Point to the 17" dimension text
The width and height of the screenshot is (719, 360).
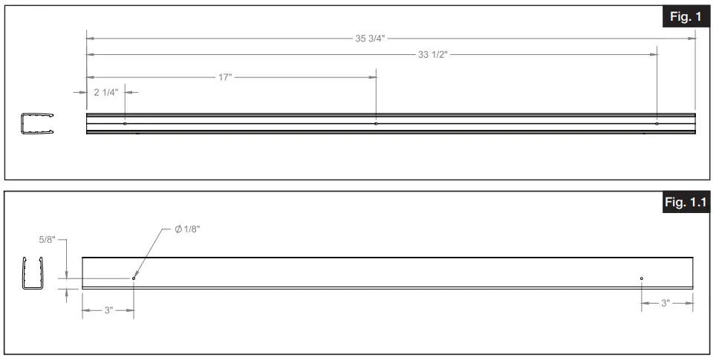(225, 77)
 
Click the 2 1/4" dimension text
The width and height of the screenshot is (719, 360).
(106, 92)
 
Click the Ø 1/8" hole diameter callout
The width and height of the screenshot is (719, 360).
(188, 229)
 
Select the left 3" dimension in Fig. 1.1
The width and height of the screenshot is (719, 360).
(108, 310)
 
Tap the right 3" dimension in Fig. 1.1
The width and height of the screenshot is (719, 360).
(666, 303)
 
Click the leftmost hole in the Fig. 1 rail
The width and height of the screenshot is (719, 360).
(125, 123)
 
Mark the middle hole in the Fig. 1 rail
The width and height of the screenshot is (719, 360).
(376, 123)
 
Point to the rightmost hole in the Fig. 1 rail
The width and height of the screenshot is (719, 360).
(657, 123)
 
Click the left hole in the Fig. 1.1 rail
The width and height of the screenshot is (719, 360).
(134, 278)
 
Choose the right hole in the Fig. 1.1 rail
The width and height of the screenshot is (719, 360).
(642, 278)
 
